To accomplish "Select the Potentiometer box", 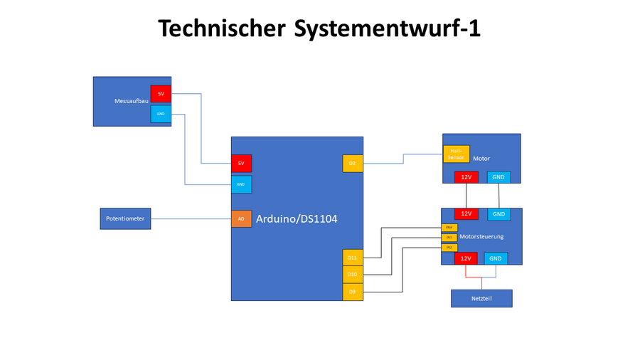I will pyautogui.click(x=125, y=218).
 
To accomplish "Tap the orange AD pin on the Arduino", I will pyautogui.click(x=241, y=218).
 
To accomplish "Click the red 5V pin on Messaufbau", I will pyautogui.click(x=161, y=94).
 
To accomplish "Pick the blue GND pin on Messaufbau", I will pyautogui.click(x=161, y=114).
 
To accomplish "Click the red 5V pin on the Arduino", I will pyautogui.click(x=241, y=164).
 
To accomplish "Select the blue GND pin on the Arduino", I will pyautogui.click(x=241, y=184).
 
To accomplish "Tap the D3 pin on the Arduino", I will pyautogui.click(x=353, y=164).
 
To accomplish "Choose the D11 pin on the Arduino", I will pyautogui.click(x=353, y=257).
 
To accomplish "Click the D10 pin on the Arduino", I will pyautogui.click(x=353, y=274).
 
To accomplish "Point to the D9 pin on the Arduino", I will pyautogui.click(x=353, y=292).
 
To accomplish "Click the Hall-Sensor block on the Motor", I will pyautogui.click(x=457, y=154).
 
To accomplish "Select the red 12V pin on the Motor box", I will pyautogui.click(x=466, y=176).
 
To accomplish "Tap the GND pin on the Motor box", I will pyautogui.click(x=498, y=176).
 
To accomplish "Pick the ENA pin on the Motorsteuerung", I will pyautogui.click(x=449, y=228).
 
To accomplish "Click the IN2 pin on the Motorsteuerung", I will pyautogui.click(x=449, y=247).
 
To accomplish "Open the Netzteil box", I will pyautogui.click(x=481, y=298).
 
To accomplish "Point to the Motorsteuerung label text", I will pyautogui.click(x=481, y=237).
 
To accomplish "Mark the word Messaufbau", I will pyautogui.click(x=132, y=102).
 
